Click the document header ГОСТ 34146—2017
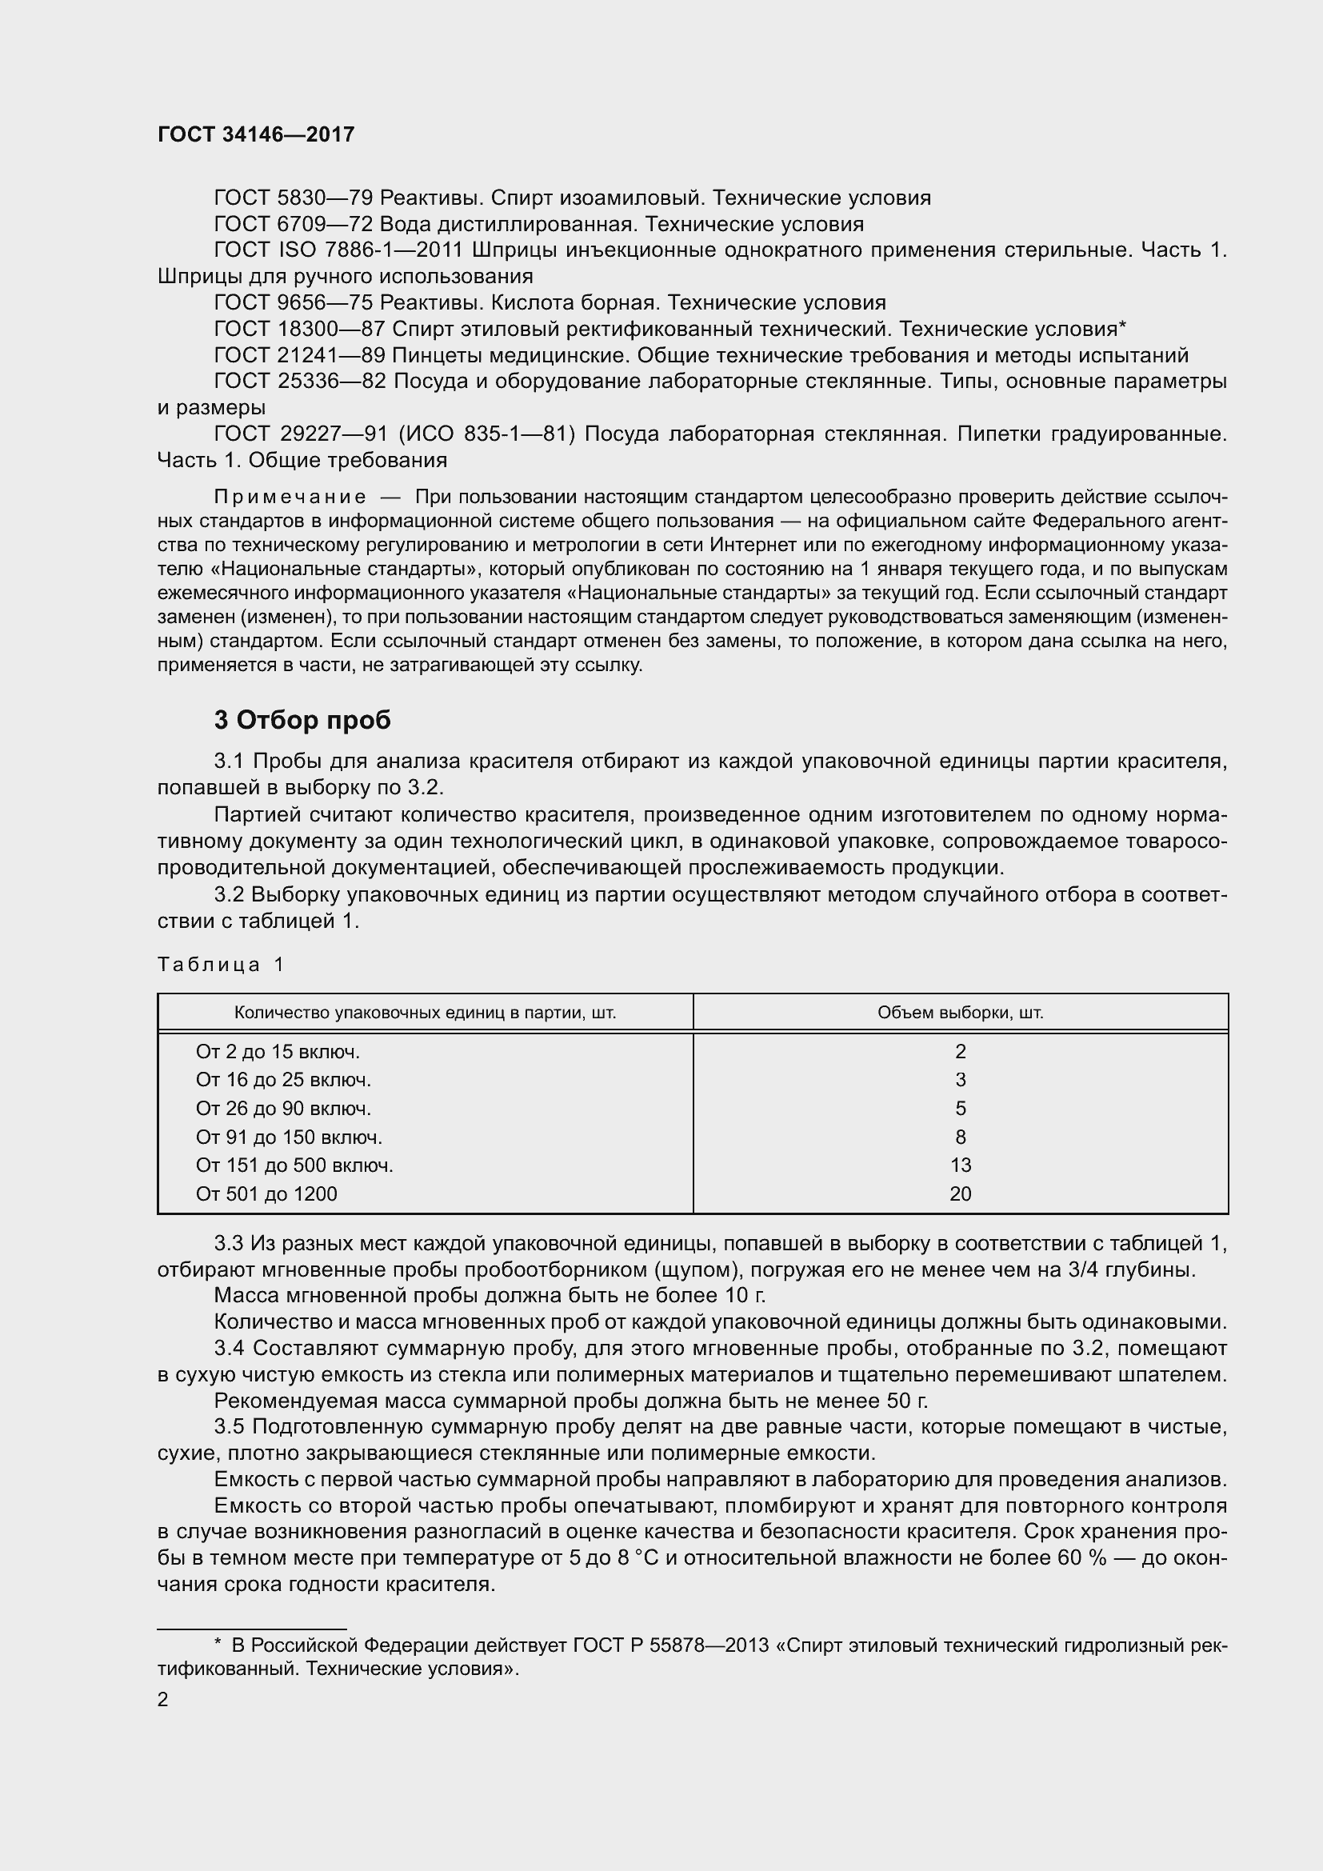256,134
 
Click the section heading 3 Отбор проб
302,721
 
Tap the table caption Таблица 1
220,965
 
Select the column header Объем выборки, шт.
960,1013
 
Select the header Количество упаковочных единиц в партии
425,1013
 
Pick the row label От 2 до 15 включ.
278,1052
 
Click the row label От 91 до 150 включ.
289,1137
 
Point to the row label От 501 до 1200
266,1194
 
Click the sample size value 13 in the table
961,1166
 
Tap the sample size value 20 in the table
961,1194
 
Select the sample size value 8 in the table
961,1137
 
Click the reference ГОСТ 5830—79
294,198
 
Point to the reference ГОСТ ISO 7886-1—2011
338,250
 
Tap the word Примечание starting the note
290,497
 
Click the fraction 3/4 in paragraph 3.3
1081,1269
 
